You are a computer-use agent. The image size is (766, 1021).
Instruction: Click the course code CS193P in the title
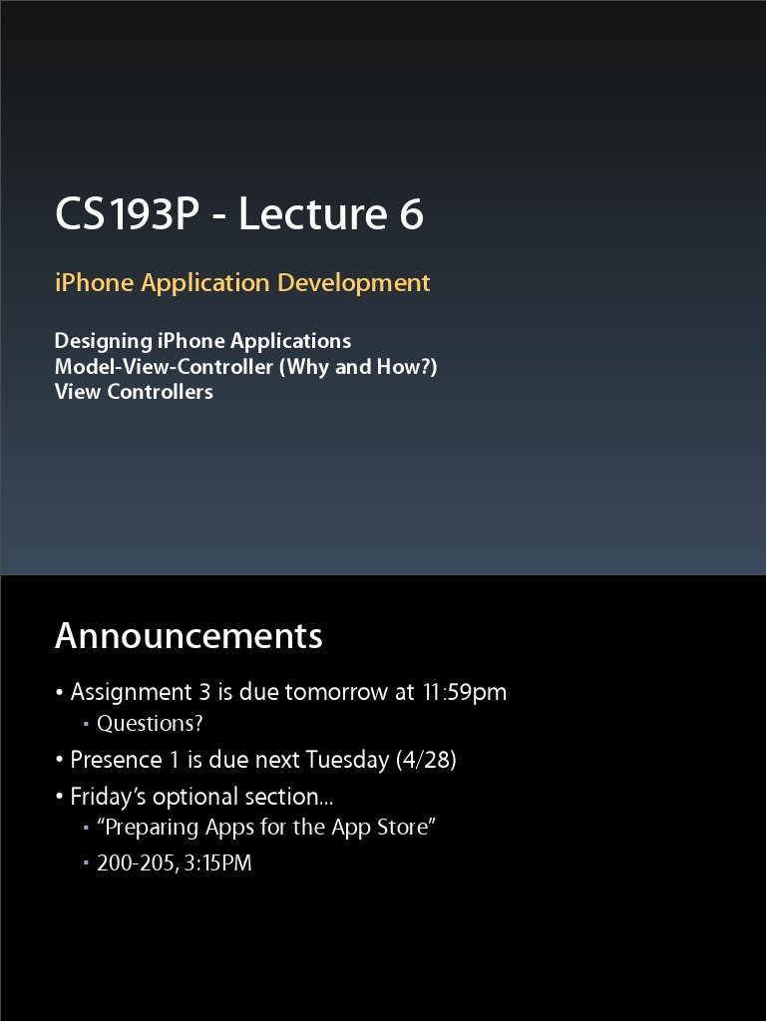(128, 215)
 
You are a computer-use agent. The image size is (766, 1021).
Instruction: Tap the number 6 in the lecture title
(412, 215)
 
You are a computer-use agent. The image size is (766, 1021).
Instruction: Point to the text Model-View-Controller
(164, 367)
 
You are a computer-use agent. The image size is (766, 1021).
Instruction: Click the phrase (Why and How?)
(358, 367)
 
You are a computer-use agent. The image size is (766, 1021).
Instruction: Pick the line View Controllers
(134, 392)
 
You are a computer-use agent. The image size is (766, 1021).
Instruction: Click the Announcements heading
(189, 636)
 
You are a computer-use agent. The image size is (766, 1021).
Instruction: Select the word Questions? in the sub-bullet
(150, 724)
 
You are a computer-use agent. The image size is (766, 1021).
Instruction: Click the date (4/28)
(426, 760)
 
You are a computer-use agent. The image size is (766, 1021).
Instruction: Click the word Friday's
(108, 797)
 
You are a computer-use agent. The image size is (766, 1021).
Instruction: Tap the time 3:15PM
(217, 863)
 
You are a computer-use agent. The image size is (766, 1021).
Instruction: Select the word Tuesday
(347, 760)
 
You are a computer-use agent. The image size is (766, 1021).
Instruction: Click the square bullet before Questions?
(87, 725)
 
